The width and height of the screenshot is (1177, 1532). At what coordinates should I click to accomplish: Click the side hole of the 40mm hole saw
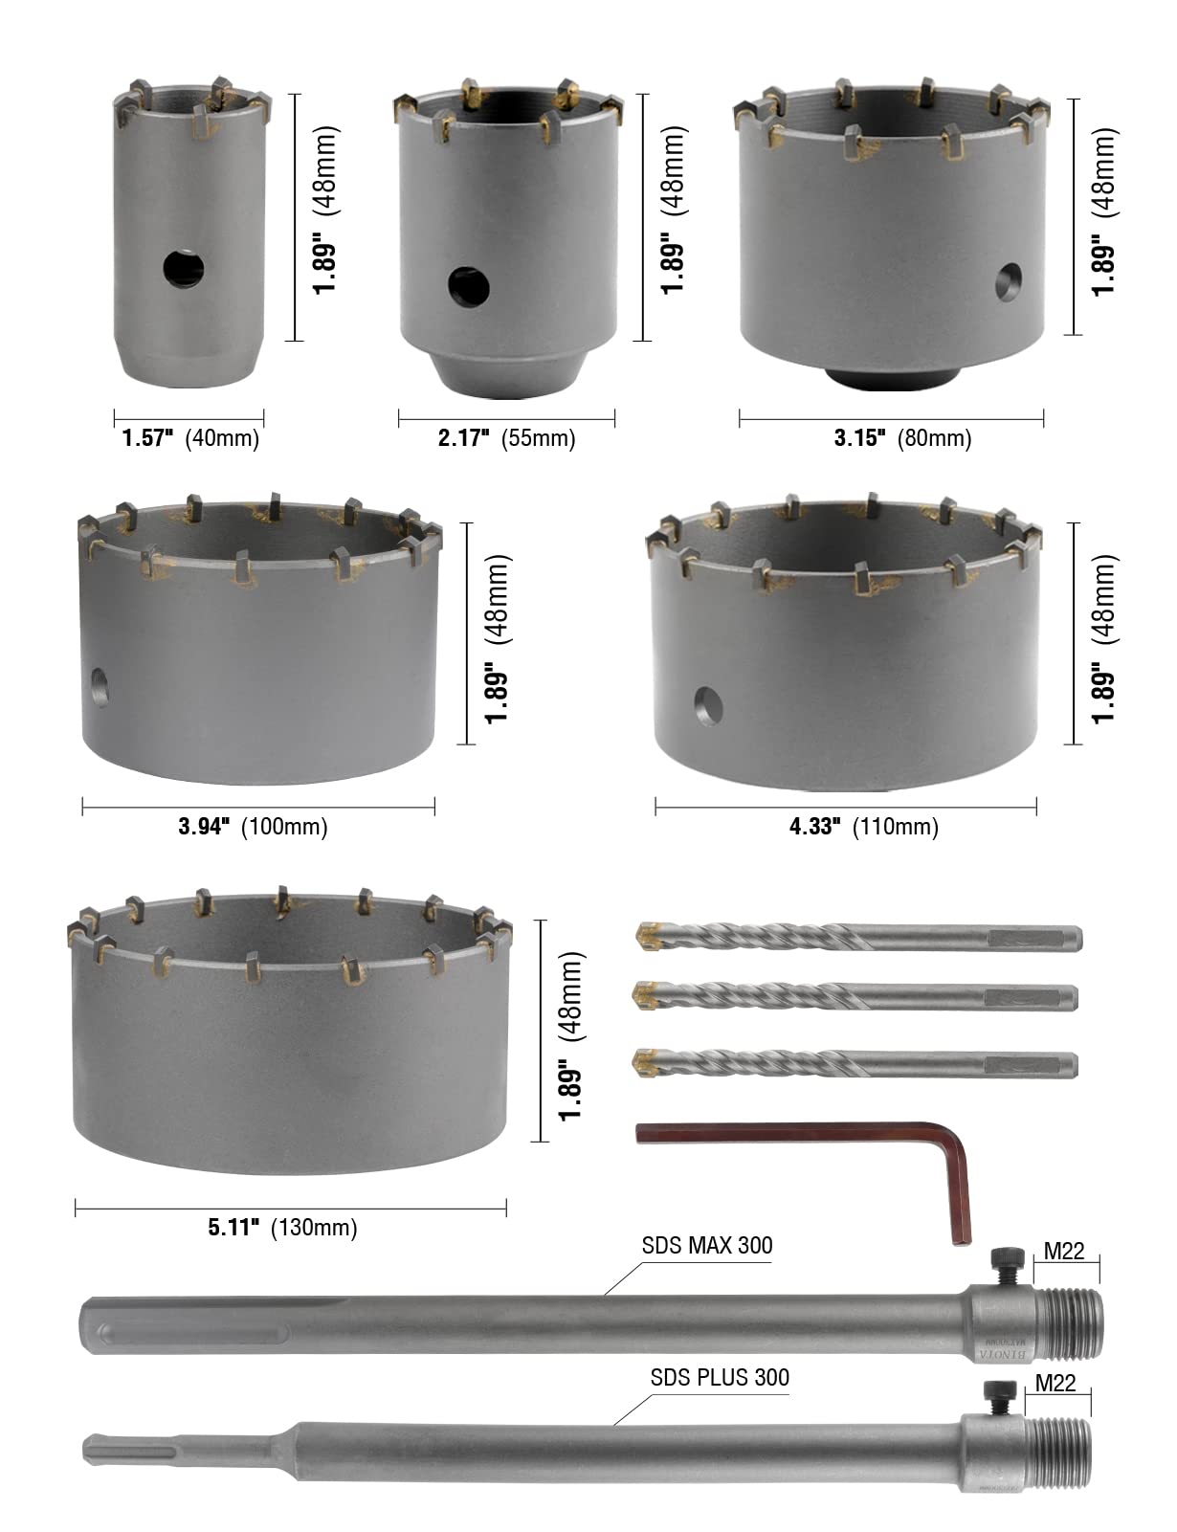coord(183,269)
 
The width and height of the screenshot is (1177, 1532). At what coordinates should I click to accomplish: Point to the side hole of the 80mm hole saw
coord(1009,282)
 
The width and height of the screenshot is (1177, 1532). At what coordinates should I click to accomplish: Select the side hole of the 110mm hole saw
coord(708,706)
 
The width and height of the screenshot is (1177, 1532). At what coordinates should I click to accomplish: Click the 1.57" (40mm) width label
coord(190,438)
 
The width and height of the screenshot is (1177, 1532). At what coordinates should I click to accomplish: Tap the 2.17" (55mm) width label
coord(506,438)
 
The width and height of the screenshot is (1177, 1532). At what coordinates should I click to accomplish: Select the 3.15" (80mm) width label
coord(902,438)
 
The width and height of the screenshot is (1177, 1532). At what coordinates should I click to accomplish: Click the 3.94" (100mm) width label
coord(253,826)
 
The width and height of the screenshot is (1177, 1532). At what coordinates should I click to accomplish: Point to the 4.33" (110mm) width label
coord(864,826)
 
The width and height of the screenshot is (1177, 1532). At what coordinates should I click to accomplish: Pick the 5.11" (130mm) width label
coord(282,1228)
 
